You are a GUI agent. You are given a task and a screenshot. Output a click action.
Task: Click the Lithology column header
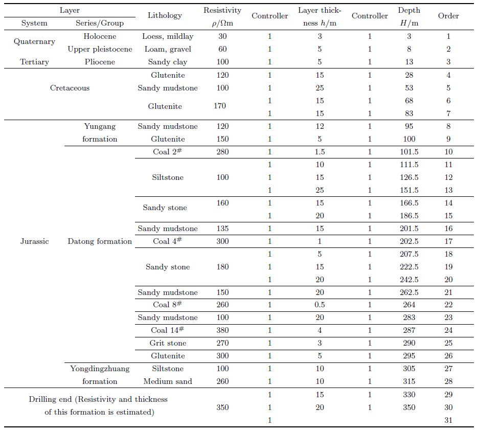(165, 15)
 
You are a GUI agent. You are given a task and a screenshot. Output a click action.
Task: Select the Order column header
(448, 15)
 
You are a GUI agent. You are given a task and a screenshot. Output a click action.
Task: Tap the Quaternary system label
(34, 42)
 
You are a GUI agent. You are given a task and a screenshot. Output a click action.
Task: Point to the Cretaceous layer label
(70, 88)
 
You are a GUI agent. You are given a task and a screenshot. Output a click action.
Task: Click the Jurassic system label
(34, 241)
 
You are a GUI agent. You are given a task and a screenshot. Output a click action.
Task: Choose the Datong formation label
(100, 241)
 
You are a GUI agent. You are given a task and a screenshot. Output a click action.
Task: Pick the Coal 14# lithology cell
(167, 330)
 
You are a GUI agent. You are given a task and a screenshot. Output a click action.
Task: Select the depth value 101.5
(408, 152)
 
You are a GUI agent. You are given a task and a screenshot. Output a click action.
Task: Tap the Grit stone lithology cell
(168, 343)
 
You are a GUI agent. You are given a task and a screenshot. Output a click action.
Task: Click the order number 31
(448, 420)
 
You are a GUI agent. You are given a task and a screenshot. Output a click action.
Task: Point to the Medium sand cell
(168, 381)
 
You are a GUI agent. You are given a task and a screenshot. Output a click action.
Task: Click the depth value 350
(408, 407)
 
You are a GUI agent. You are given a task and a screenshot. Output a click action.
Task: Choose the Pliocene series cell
(100, 62)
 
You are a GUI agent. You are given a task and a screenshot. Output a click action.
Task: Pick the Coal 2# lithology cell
(167, 152)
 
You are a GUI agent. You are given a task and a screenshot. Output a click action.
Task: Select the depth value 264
(408, 305)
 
